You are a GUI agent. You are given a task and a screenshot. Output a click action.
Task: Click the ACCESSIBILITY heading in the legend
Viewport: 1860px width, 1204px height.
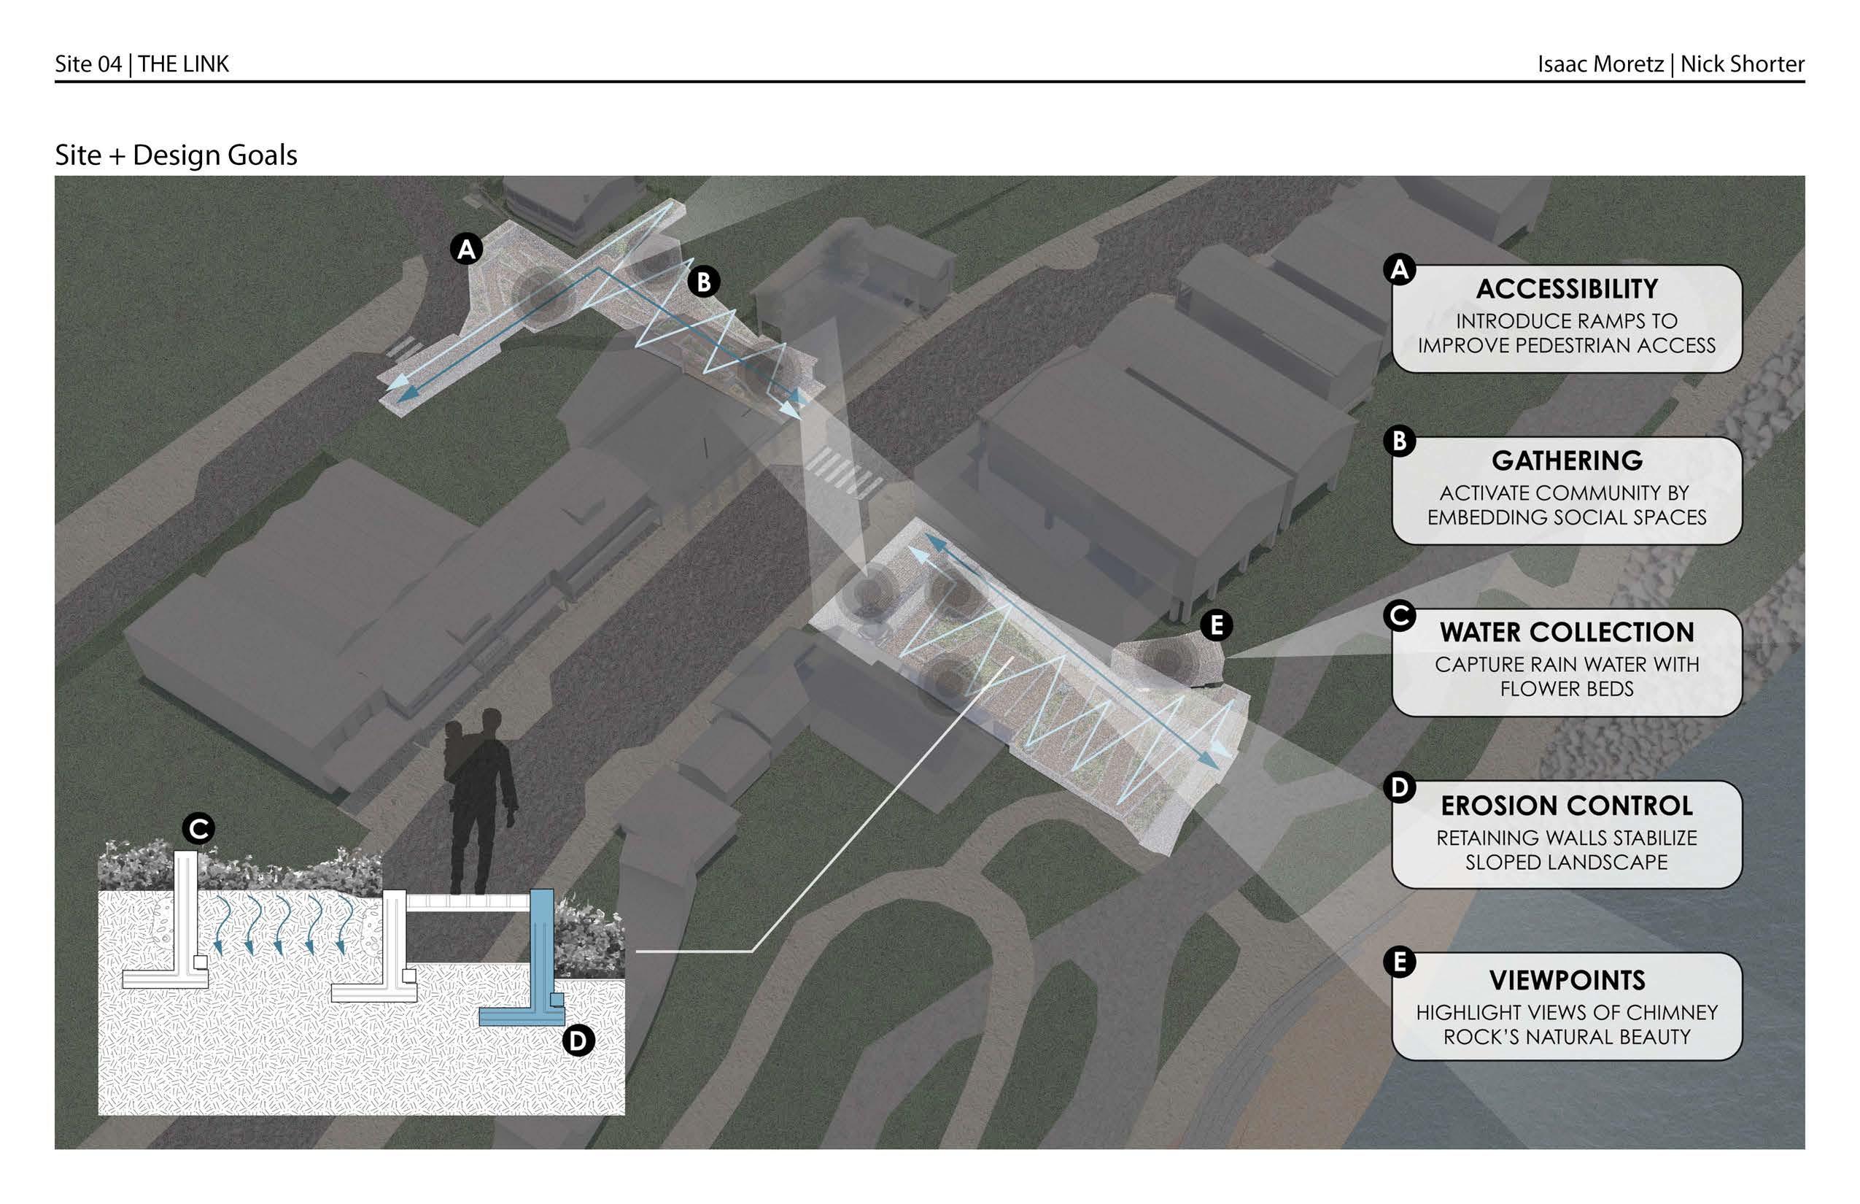[1566, 289]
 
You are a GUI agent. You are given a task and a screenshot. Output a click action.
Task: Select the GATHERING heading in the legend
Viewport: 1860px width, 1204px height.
[1566, 460]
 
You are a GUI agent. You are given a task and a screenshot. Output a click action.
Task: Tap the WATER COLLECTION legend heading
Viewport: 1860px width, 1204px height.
[1566, 632]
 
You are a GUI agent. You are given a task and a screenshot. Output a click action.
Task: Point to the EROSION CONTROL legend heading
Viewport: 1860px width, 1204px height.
[1566, 806]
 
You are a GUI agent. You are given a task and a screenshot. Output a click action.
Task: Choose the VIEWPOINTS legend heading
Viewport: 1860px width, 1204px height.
[1566, 979]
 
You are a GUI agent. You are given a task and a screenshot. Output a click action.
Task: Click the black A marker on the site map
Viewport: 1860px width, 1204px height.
[467, 250]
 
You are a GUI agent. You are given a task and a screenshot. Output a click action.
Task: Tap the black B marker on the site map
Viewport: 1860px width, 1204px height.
[703, 282]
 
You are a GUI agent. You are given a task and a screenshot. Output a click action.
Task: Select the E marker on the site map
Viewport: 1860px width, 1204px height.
[1216, 625]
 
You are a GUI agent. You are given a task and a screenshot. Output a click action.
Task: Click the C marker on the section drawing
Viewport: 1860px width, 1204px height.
[198, 829]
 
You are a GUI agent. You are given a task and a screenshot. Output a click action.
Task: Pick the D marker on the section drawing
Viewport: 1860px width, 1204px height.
[578, 1041]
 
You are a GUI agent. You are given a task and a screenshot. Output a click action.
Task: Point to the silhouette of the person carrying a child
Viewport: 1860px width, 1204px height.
[478, 798]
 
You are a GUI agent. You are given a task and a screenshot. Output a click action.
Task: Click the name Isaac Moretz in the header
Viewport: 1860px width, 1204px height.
[1600, 64]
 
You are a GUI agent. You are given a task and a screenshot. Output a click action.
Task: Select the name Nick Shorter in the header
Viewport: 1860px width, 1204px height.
[1742, 64]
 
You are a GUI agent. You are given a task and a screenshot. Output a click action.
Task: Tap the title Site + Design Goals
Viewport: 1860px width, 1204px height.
[176, 155]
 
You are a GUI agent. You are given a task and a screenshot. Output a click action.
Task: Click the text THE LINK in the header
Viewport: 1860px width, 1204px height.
[184, 64]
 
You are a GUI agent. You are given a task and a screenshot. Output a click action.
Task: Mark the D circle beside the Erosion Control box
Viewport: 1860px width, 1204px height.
[1399, 787]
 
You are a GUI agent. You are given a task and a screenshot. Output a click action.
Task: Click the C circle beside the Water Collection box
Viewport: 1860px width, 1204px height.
[1399, 615]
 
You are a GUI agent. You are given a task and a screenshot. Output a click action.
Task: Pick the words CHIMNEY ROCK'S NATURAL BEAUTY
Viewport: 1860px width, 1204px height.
[1566, 1037]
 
